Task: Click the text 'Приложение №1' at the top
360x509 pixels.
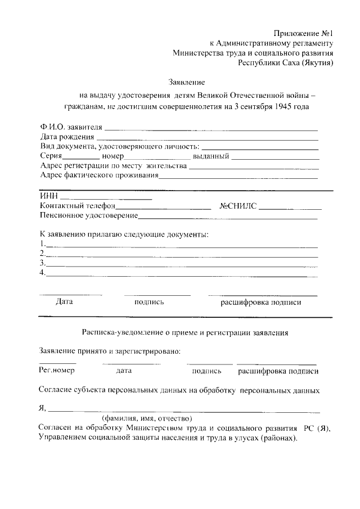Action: point(304,33)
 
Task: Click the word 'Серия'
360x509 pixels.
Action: point(51,156)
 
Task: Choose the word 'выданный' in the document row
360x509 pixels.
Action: point(210,156)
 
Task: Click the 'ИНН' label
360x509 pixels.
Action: point(48,197)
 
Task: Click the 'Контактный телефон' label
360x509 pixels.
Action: point(77,206)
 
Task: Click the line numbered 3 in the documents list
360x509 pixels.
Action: point(181,263)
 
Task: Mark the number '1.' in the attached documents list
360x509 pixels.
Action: point(42,244)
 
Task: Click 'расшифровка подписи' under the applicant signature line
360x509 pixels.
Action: point(260,302)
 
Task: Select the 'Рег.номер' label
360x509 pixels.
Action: point(57,371)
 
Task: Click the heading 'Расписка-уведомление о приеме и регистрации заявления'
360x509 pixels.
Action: point(185,332)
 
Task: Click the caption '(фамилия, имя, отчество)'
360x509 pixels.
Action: point(147,418)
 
